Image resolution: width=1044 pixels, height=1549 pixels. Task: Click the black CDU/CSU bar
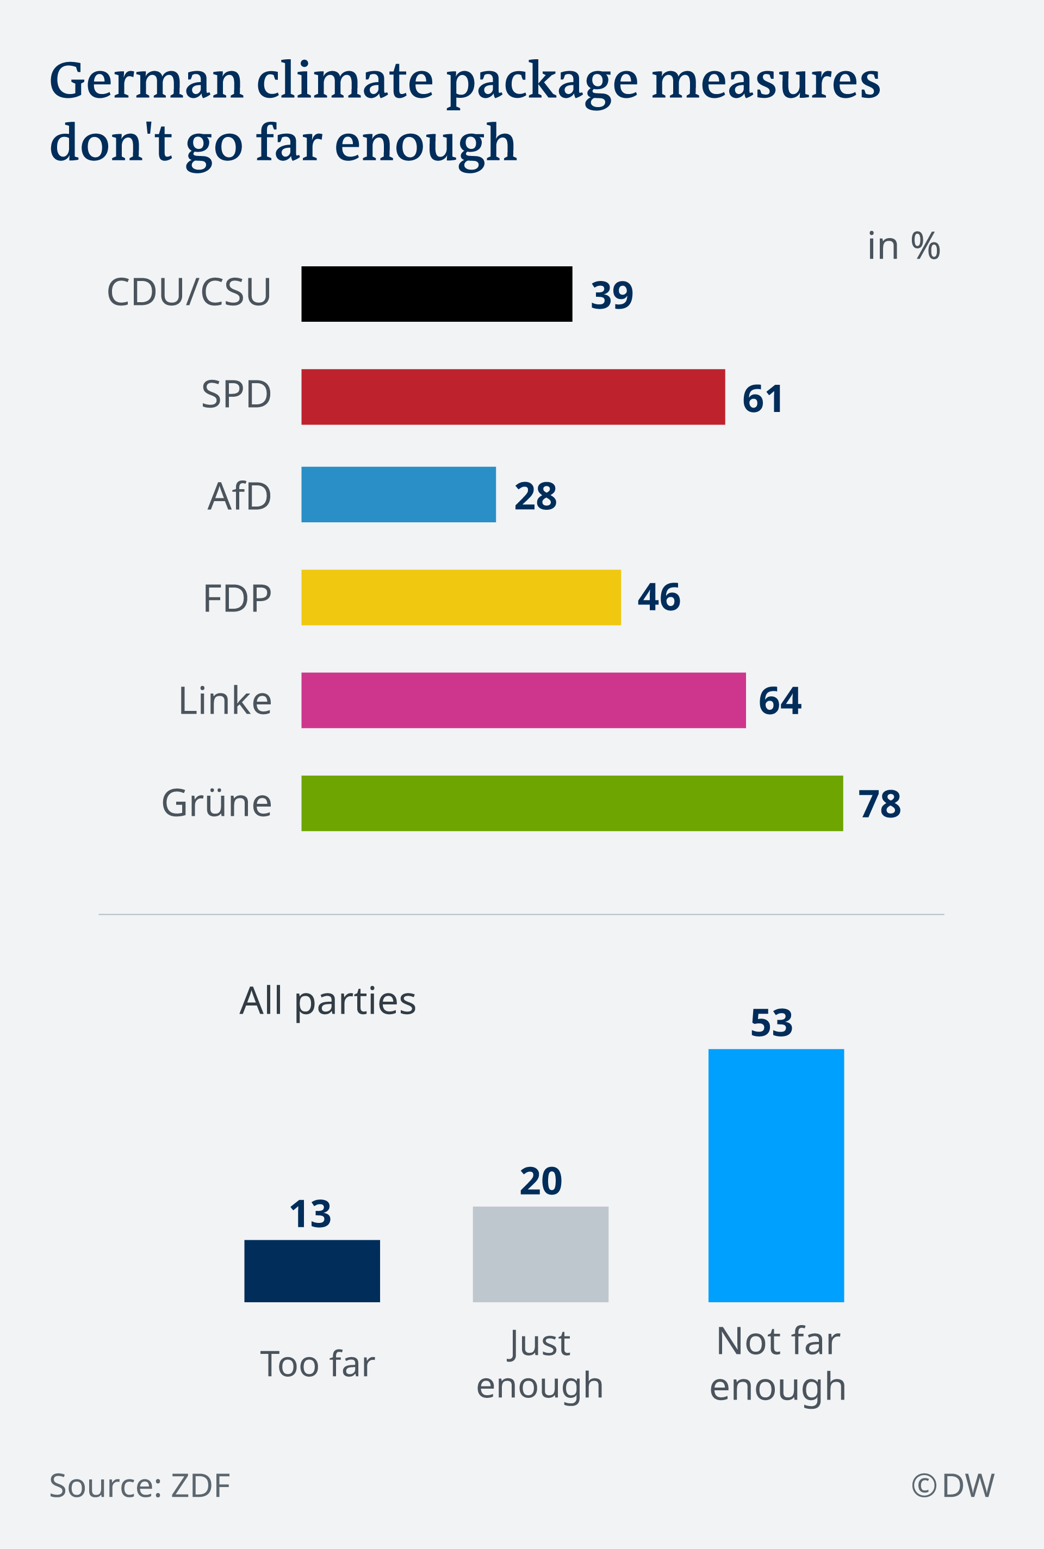[x=436, y=294]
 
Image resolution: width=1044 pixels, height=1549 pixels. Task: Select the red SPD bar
[x=513, y=397]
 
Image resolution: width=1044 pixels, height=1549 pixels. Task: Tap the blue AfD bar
[x=398, y=495]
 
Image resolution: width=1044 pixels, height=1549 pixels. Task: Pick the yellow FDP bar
[x=461, y=597]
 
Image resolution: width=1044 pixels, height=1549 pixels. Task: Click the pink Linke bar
[x=523, y=700]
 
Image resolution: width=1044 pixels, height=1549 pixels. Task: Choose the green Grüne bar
[x=572, y=803]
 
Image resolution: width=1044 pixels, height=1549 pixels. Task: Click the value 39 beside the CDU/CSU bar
[x=611, y=296]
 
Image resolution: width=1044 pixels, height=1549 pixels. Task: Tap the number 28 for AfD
[x=535, y=496]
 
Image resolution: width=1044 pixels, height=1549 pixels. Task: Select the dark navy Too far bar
[x=312, y=1270]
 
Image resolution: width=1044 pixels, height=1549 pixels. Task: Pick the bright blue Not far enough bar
[x=776, y=1175]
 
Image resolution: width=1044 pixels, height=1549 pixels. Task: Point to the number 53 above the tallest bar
[x=771, y=1023]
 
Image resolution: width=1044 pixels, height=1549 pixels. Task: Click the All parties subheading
[x=327, y=1001]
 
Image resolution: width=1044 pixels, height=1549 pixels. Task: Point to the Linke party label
[x=225, y=701]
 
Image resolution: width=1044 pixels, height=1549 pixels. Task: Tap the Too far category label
[x=317, y=1364]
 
